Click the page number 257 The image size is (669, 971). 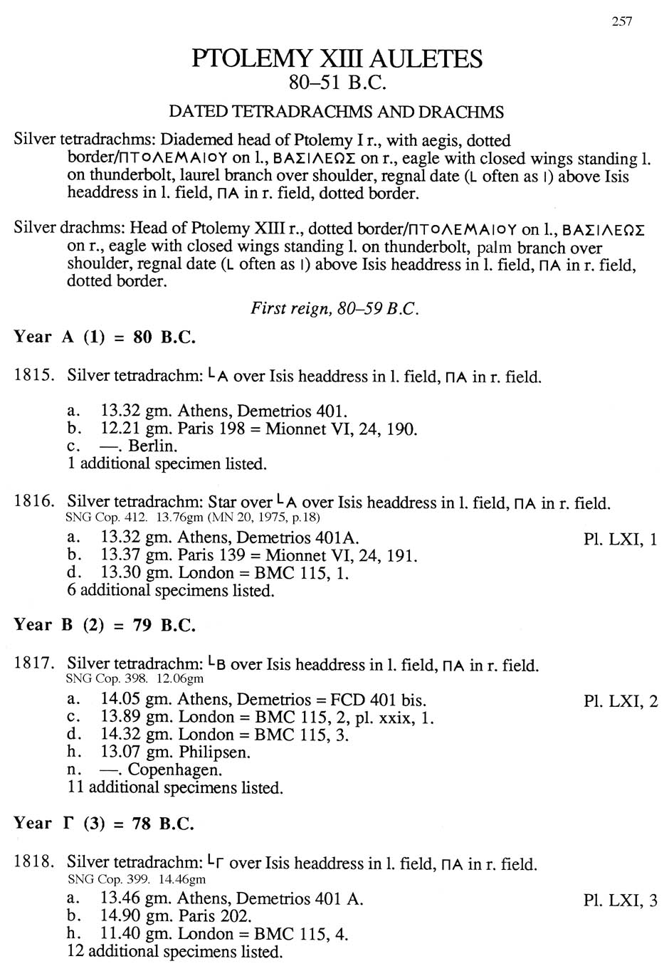coord(621,21)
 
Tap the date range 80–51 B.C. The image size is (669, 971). coord(337,84)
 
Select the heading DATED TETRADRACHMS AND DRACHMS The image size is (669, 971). coord(336,112)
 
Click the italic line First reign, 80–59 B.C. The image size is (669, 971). coord(334,309)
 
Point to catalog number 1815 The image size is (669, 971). coord(33,376)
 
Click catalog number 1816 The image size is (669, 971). coord(33,502)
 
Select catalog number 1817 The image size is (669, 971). coord(33,664)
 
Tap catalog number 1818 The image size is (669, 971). coord(33,863)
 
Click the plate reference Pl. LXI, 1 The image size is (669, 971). coord(620,539)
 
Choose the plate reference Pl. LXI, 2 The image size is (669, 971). coord(620,701)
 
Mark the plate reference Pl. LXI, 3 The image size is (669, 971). coord(620,901)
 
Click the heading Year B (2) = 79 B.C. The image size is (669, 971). coord(105,625)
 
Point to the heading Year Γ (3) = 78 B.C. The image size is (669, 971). coord(104,824)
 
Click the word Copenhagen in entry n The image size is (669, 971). coord(174,770)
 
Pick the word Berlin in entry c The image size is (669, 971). coord(152,446)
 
